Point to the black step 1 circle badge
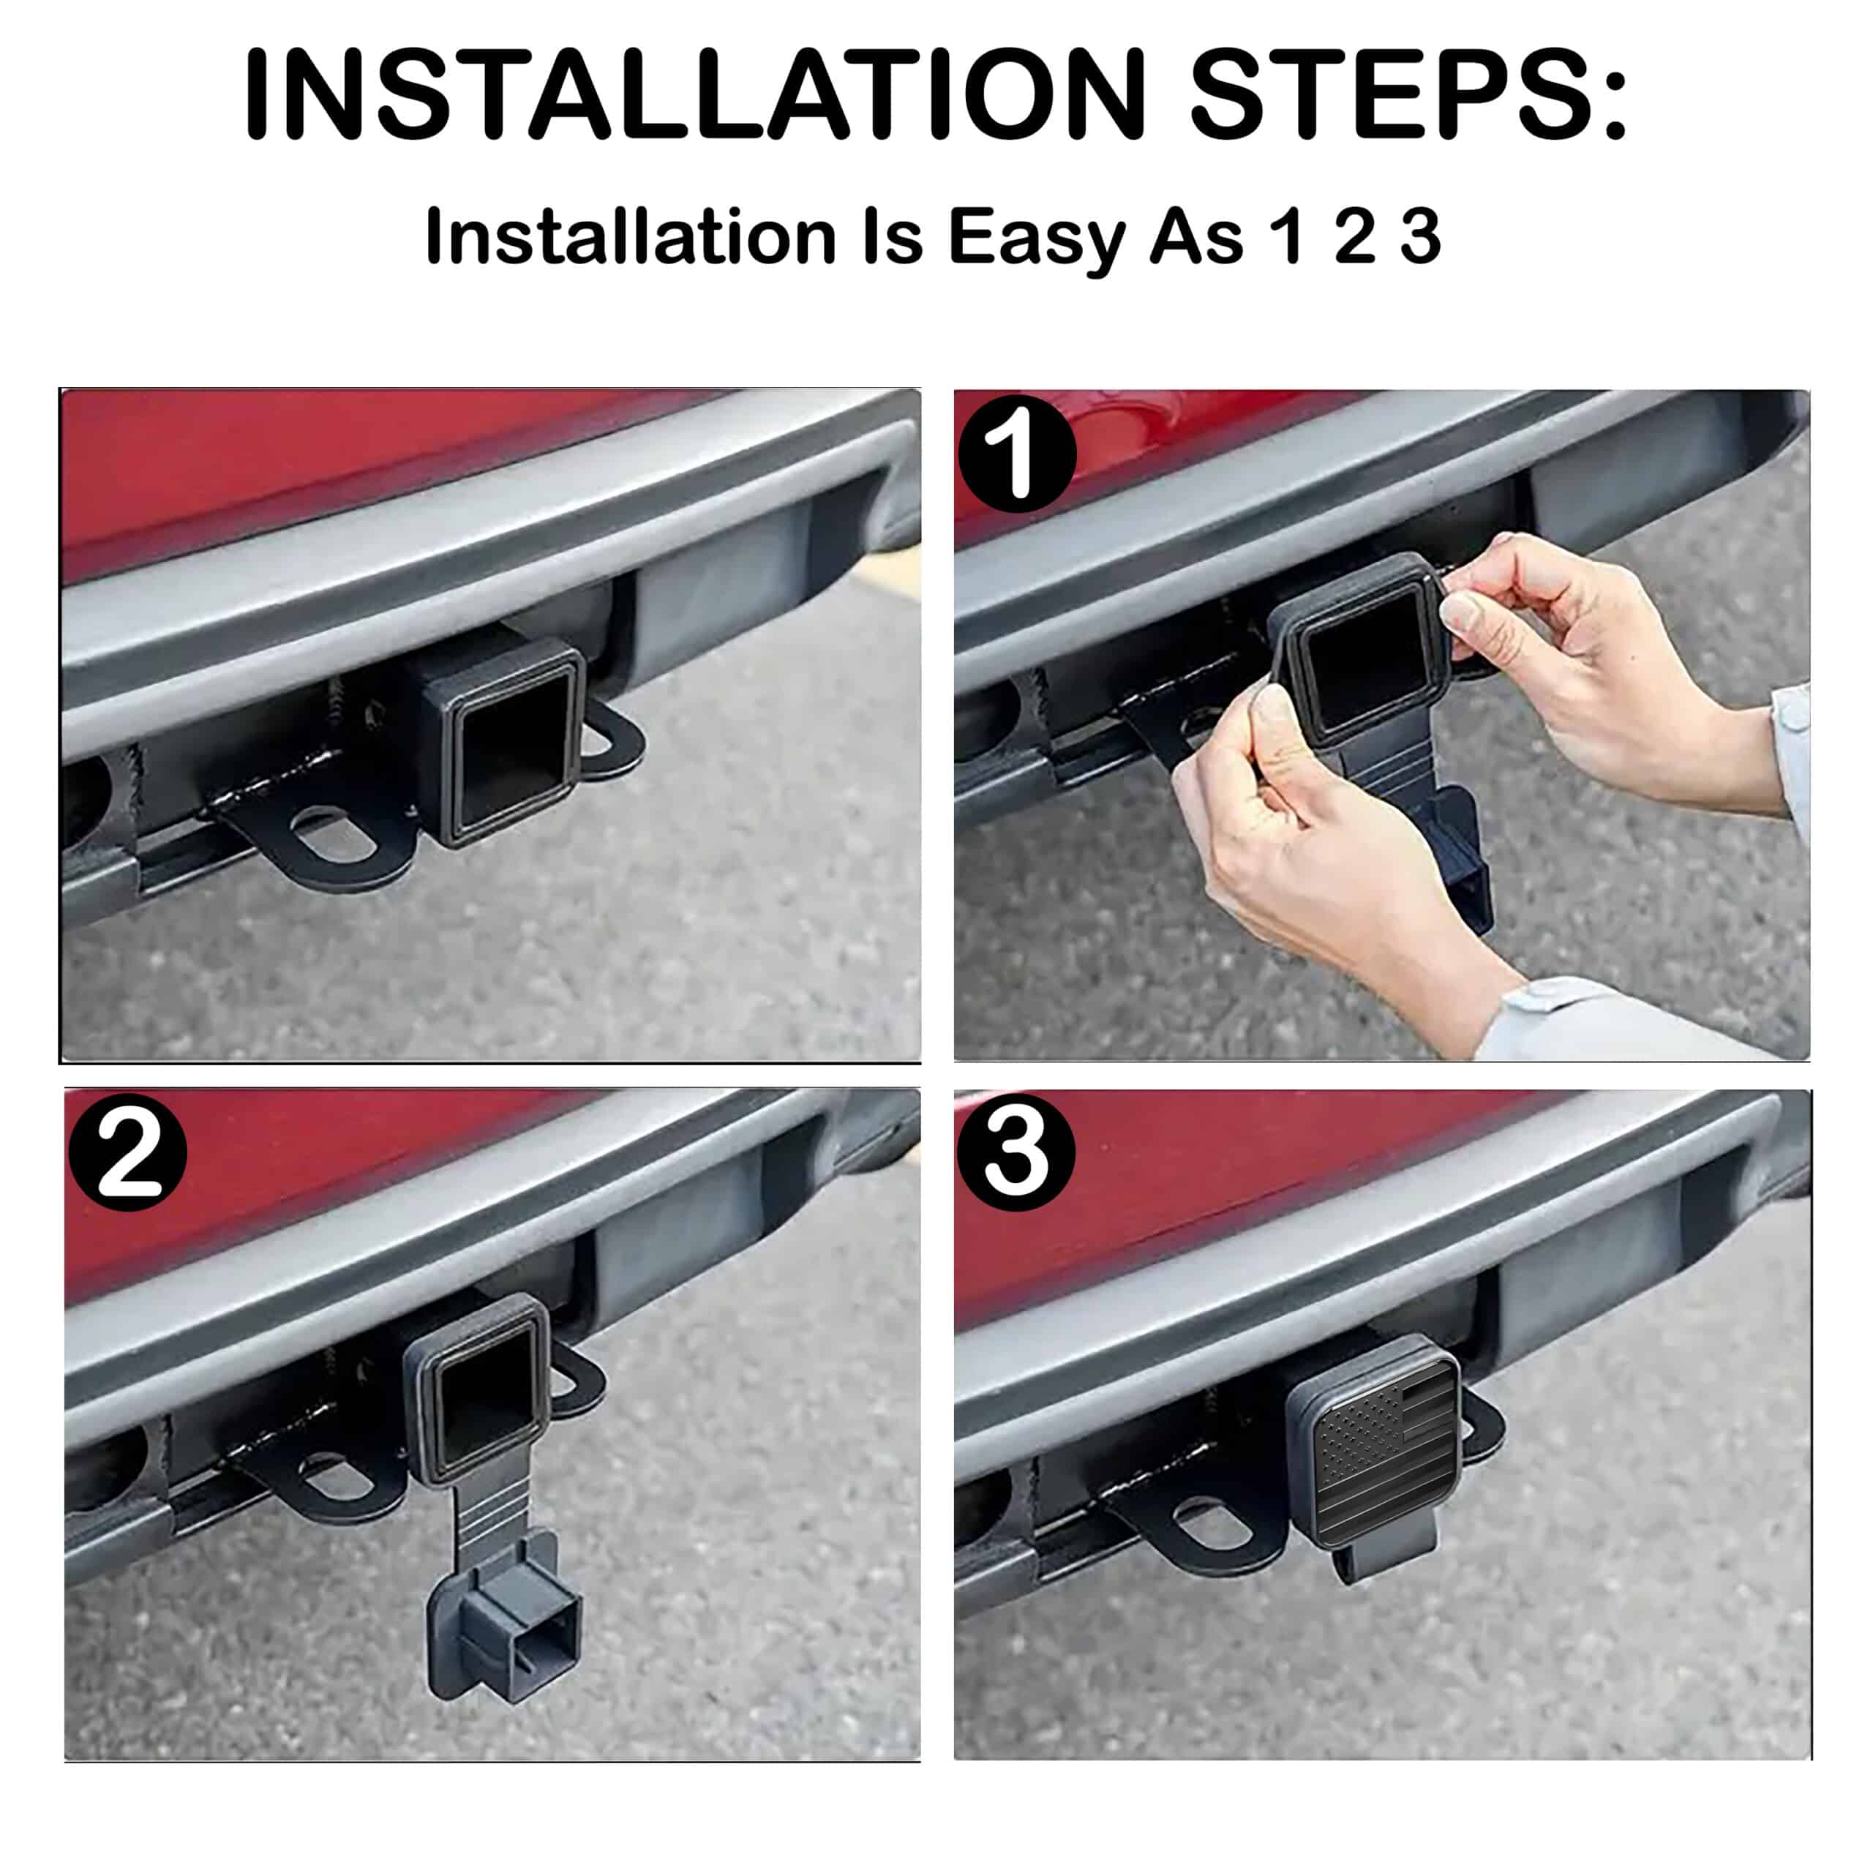click(x=1017, y=454)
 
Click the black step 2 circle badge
click(x=128, y=1152)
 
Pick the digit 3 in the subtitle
click(x=1419, y=236)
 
